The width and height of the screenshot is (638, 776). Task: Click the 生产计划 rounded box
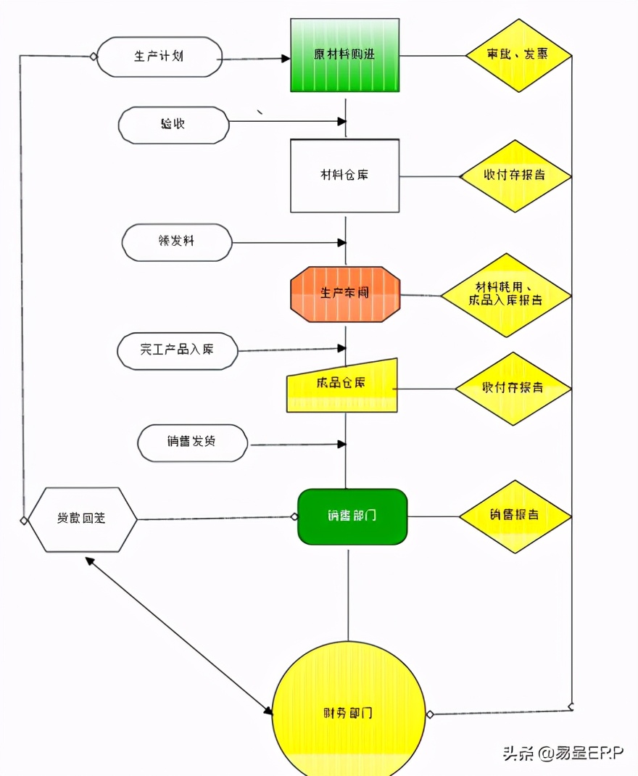tap(159, 57)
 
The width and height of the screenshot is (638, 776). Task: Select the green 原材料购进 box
tap(345, 55)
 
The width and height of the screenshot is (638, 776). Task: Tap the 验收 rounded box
tap(174, 125)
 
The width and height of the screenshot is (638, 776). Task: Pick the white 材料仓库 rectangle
tap(345, 176)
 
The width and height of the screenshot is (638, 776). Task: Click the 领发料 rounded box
tap(177, 242)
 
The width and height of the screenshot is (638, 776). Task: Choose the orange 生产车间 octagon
tap(345, 294)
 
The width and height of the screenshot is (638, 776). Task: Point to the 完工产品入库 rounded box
tap(178, 350)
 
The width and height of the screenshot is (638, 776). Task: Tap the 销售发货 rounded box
tap(192, 442)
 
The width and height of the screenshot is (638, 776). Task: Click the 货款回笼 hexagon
tap(82, 519)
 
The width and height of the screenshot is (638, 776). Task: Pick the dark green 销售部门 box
tap(352, 516)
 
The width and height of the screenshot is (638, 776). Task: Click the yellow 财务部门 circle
tap(349, 713)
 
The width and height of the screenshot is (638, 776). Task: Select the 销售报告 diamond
tap(515, 516)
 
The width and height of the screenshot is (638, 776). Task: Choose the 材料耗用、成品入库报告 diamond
tap(506, 294)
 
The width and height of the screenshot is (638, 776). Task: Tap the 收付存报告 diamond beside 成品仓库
tap(513, 388)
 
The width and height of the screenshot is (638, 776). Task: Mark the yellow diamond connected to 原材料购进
tap(518, 55)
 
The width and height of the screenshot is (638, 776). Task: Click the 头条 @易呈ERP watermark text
tap(563, 753)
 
